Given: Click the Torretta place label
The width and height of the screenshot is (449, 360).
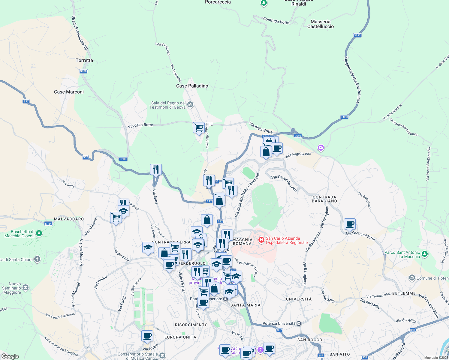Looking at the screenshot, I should [x=84, y=60].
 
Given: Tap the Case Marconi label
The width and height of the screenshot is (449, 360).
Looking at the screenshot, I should [x=69, y=92].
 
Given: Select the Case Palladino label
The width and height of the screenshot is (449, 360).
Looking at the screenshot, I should [x=192, y=86].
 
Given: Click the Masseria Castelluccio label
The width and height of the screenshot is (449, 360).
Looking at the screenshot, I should [x=321, y=24].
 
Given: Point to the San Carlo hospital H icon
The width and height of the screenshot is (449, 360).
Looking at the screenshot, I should [x=261, y=240].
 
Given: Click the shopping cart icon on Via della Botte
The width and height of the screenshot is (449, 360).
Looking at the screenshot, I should [x=199, y=128].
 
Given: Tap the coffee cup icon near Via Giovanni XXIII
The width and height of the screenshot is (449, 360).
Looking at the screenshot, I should [x=350, y=224].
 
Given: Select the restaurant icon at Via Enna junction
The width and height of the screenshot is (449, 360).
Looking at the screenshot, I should [x=156, y=169].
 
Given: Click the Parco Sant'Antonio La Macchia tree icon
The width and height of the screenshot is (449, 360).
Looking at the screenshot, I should [x=424, y=254].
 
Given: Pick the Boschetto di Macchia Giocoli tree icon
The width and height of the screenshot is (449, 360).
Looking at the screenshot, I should [x=39, y=233].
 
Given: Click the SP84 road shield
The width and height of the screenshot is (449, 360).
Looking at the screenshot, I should [x=48, y=224].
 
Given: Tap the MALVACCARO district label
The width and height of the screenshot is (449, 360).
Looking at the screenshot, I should [x=69, y=219].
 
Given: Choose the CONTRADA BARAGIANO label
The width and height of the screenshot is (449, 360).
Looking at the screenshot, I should [x=324, y=199].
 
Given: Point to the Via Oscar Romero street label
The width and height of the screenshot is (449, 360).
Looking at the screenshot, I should [x=284, y=183].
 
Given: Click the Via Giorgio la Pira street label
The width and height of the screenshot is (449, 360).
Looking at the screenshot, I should [x=298, y=155].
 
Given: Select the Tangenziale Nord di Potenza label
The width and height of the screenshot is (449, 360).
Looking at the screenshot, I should [x=352, y=80].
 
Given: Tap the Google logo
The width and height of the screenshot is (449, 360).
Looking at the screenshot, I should [x=10, y=356].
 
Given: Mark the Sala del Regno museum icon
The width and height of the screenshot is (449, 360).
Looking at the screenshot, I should [x=190, y=105].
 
